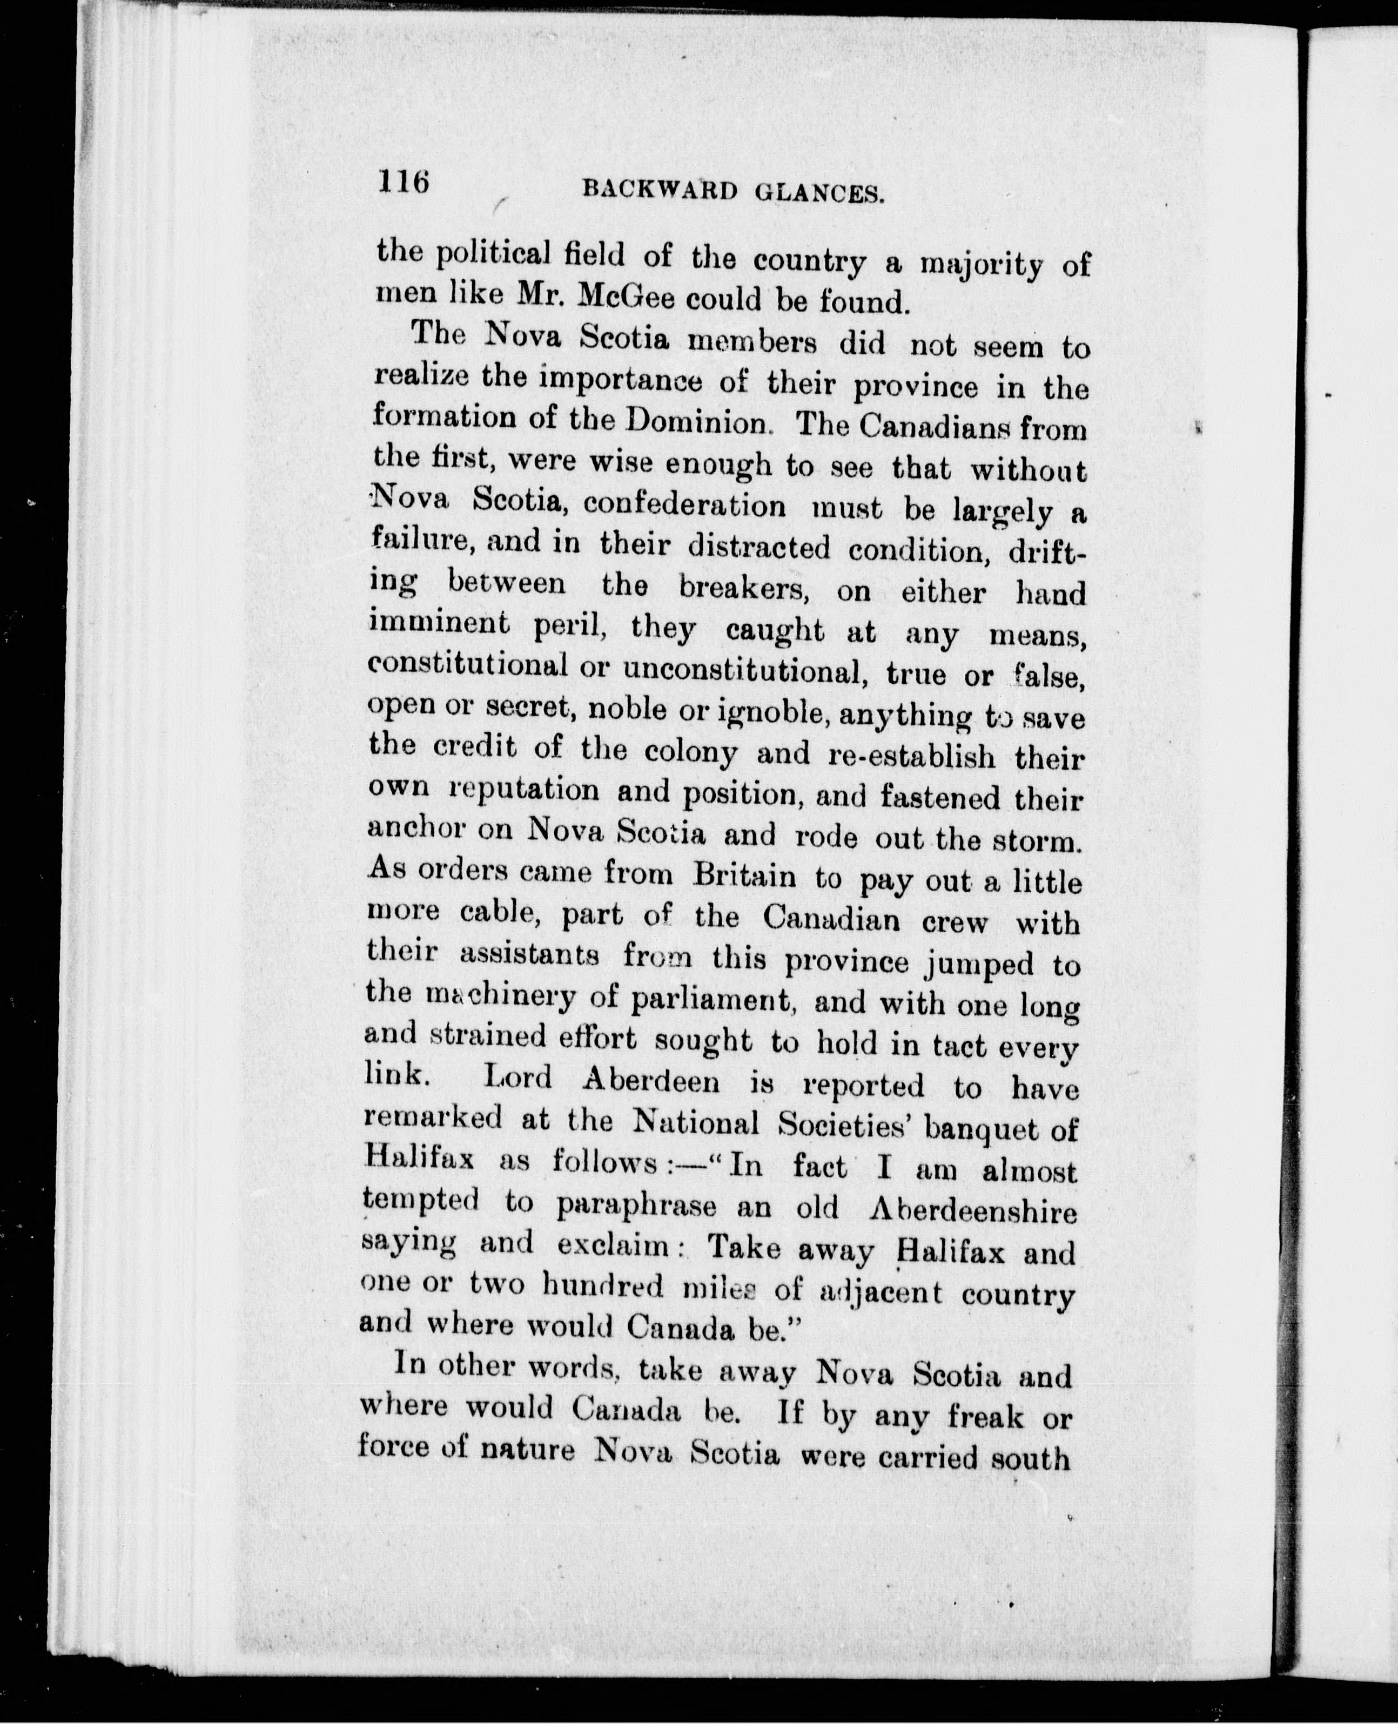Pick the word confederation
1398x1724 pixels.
(x=684, y=505)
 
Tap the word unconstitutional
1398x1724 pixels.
(x=745, y=671)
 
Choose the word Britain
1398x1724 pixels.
(x=745, y=876)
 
